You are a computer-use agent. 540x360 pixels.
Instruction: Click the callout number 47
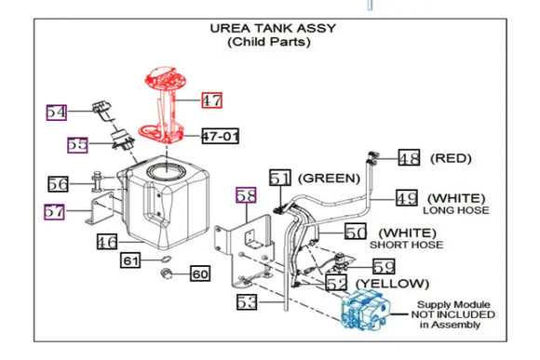pos(212,99)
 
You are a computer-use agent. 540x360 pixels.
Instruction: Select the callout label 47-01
pos(221,137)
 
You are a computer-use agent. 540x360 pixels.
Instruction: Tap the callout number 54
pos(58,112)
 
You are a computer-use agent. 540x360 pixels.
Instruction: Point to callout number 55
pos(77,145)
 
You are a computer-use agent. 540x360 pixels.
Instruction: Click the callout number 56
pos(59,184)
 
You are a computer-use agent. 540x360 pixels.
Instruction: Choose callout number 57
pos(55,211)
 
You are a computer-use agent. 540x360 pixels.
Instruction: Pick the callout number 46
pos(108,243)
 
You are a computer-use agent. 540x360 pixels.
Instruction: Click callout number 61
pos(130,261)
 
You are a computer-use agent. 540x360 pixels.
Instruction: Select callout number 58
pos(245,195)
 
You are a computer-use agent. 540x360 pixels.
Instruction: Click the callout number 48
pos(410,158)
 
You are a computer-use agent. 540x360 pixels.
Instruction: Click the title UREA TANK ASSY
pos(273,28)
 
